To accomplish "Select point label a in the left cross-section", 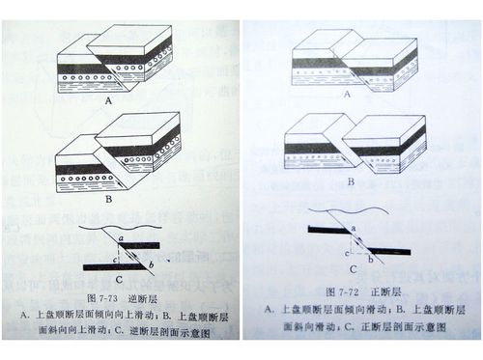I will pos(119,235).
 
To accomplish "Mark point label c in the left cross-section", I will pos(115,259).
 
